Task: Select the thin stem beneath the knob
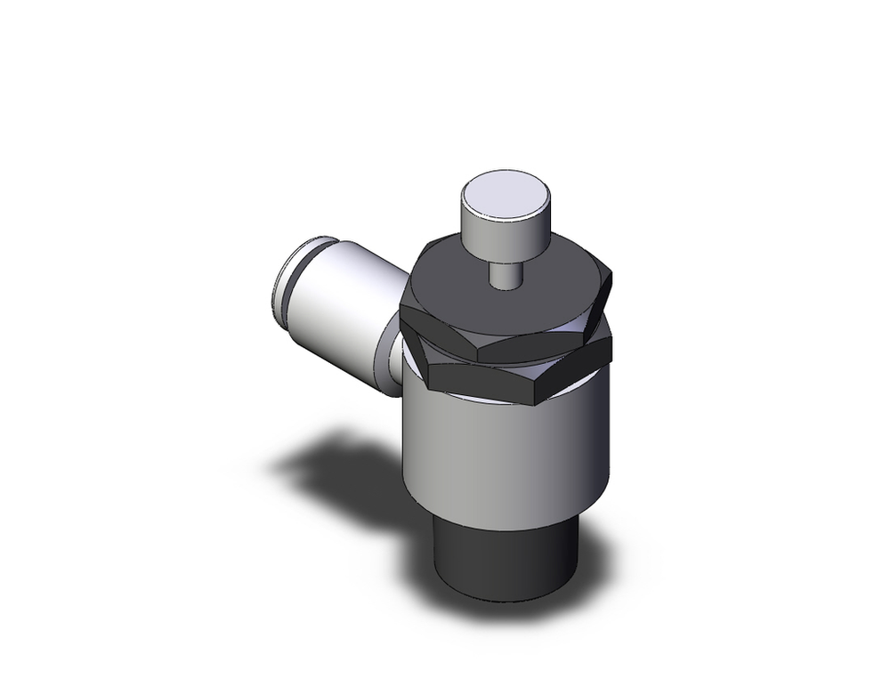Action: click(x=505, y=271)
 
